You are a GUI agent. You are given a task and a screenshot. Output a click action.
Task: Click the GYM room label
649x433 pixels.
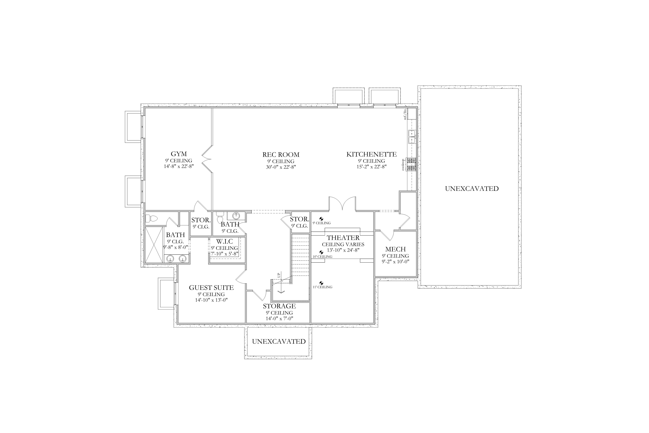click(x=179, y=154)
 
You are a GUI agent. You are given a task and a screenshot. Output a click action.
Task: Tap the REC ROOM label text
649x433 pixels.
click(x=281, y=155)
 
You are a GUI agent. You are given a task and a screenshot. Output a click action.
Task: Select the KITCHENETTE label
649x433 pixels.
click(x=371, y=154)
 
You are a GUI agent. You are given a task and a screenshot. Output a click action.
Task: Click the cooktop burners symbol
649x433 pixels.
click(x=412, y=164)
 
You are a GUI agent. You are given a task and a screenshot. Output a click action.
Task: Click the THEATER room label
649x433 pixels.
click(x=343, y=238)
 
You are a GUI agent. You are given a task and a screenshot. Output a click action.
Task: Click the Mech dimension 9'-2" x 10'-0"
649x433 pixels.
click(x=395, y=261)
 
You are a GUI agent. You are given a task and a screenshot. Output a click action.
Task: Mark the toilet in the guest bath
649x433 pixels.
click(x=151, y=218)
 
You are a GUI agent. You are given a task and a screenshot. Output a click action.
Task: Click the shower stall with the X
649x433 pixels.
click(x=154, y=245)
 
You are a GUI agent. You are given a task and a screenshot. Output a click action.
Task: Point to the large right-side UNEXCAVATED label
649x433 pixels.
click(x=472, y=189)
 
